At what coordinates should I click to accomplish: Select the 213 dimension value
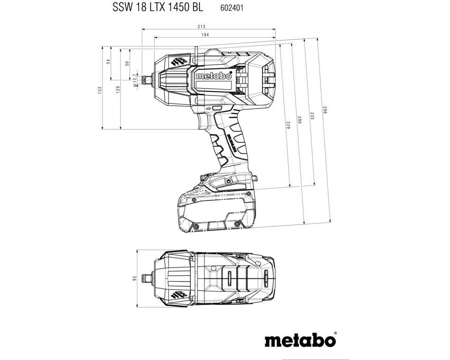(x=201, y=27)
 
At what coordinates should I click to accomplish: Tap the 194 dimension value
(x=205, y=35)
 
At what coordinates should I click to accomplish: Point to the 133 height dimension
(x=99, y=90)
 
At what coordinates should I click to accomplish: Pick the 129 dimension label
(x=118, y=90)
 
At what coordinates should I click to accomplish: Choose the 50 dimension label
(x=127, y=64)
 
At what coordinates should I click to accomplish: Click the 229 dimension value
(x=288, y=125)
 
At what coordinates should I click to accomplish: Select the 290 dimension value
(x=299, y=120)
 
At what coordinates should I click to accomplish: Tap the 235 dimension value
(x=312, y=116)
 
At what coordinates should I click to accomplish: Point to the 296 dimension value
(x=325, y=110)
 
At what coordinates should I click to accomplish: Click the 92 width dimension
(x=135, y=278)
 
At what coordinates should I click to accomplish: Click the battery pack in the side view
(x=216, y=211)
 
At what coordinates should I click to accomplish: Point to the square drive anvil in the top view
(x=148, y=277)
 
